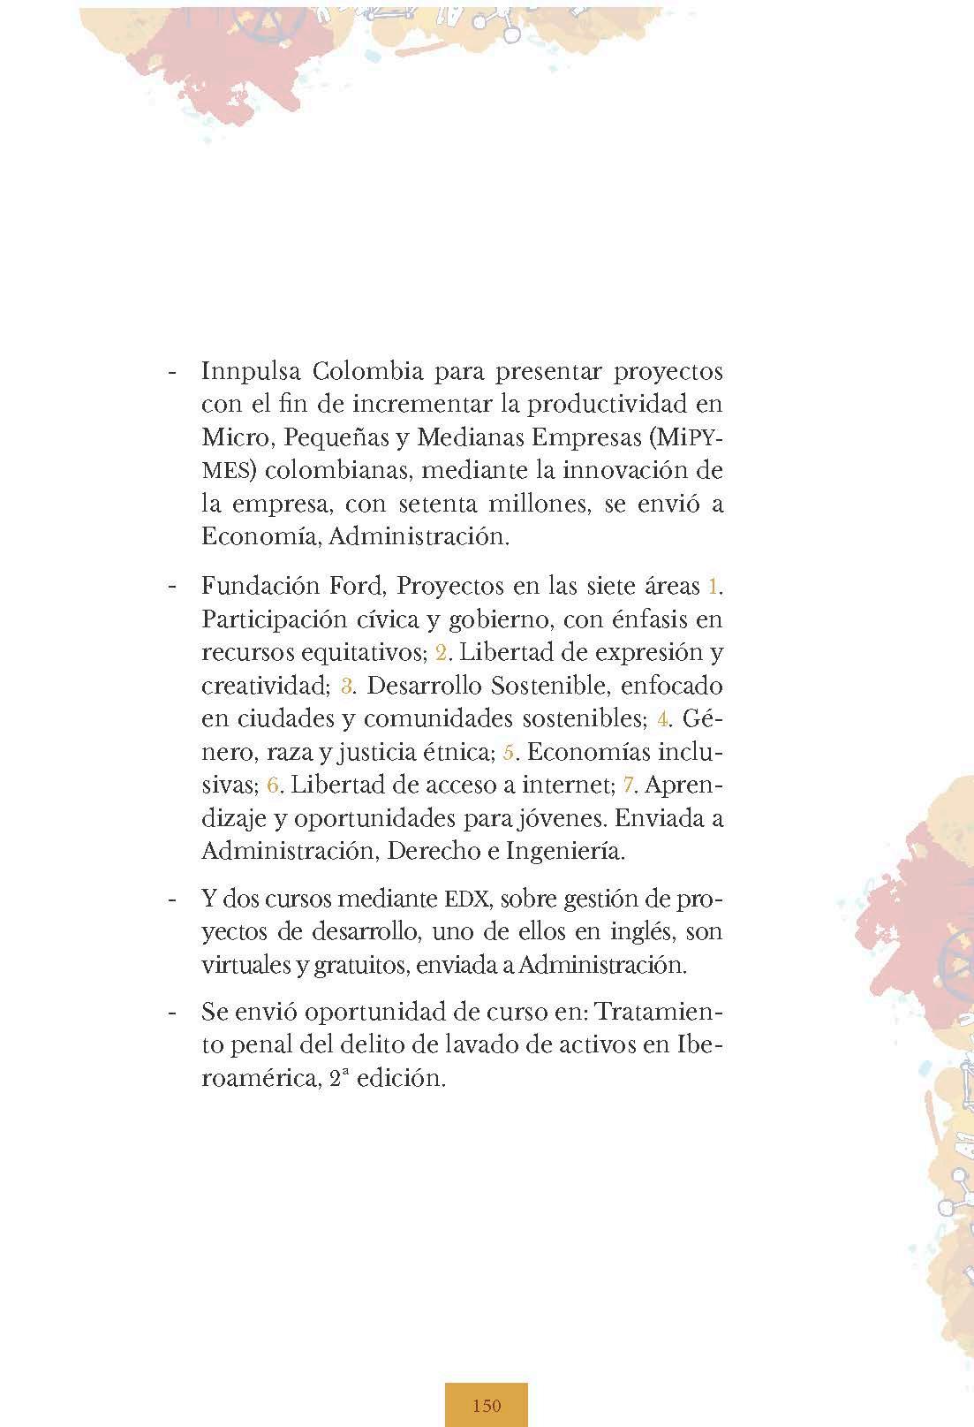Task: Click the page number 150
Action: click(487, 1405)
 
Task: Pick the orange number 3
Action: click(346, 687)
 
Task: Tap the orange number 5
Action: click(508, 753)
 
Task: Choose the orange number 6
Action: click(273, 785)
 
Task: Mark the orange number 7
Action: click(629, 785)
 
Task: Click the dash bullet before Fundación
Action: click(173, 586)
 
